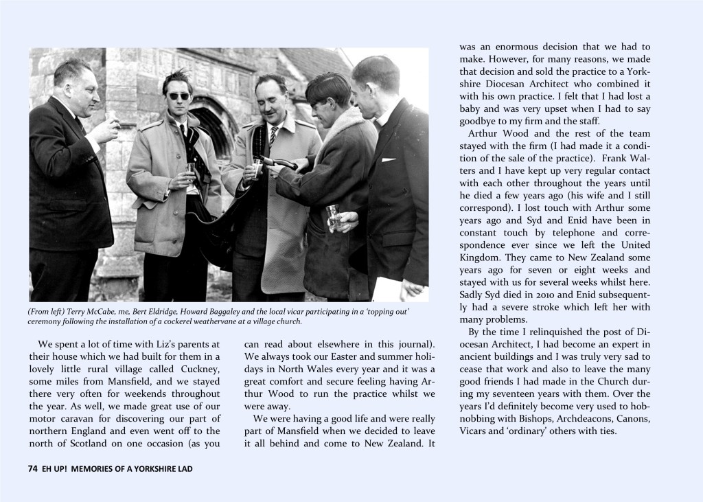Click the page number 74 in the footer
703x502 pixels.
[32, 468]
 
